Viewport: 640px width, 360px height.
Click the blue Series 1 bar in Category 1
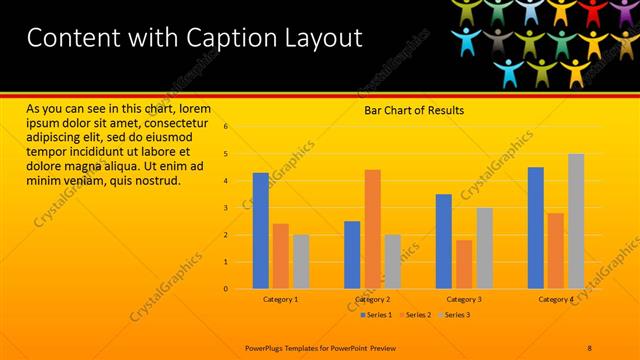260,231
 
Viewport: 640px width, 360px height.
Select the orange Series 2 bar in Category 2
372,229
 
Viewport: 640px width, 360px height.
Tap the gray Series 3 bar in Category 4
576,221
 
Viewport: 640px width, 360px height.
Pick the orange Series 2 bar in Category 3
464,264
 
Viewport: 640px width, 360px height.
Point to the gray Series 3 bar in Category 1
301,262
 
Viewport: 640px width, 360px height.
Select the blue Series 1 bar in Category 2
352,255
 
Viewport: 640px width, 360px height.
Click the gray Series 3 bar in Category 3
484,248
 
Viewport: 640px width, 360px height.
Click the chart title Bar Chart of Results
413,110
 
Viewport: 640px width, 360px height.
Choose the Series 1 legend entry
376,315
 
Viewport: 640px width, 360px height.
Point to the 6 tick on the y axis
226,127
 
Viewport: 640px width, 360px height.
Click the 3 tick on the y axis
226,208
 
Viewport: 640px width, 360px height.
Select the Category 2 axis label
372,299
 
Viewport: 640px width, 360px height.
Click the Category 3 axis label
464,299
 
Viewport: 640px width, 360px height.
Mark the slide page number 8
589,347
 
